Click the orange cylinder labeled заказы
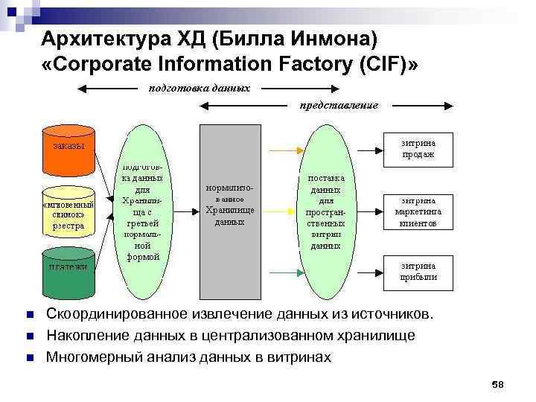68,148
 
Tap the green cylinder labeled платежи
68,273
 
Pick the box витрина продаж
418,149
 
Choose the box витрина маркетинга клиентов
418,211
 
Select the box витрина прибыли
418,271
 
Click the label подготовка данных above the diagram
199,88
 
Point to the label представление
339,106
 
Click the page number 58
498,384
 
